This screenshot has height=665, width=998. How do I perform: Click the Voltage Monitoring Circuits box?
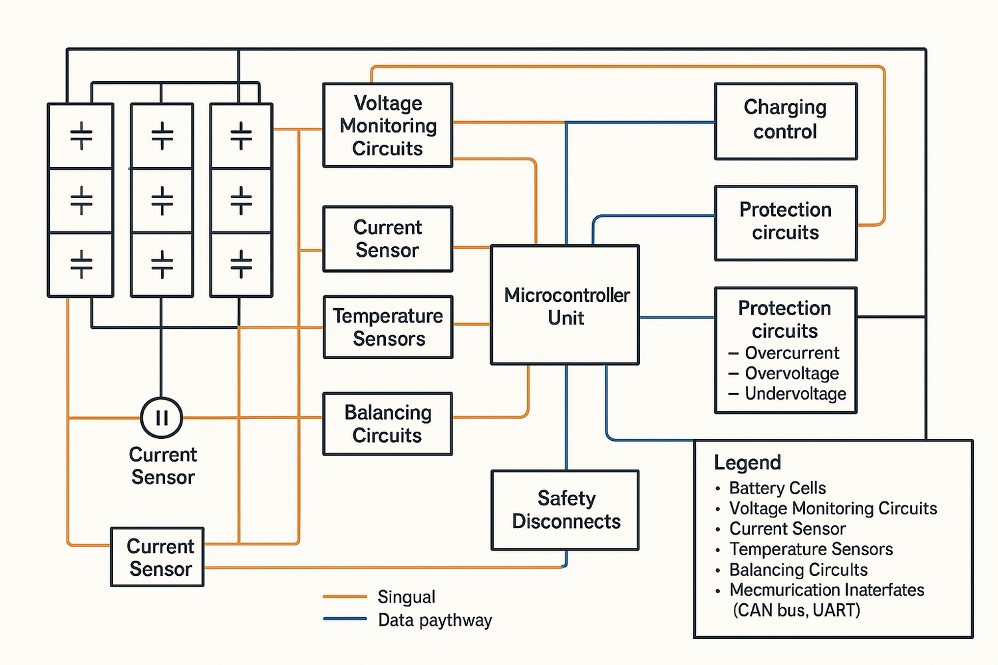pos(387,125)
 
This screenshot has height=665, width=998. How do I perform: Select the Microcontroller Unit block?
pos(565,305)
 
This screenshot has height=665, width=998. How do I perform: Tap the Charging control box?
pos(785,121)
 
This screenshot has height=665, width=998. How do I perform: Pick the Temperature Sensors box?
pos(388,327)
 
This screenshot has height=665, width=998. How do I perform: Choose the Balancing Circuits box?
pos(387,424)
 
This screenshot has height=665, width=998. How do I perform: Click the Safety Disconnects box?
pos(565,510)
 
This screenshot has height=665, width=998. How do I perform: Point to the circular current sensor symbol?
pos(162,418)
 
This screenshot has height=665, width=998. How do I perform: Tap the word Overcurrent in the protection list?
pos(792,353)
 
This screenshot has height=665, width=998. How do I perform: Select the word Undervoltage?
pos(795,394)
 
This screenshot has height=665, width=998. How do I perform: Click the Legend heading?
pos(747,463)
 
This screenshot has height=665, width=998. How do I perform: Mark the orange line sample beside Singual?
pos(345,597)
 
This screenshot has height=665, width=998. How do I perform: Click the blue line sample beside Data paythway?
pos(345,619)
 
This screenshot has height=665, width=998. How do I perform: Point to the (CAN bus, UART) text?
pos(796,610)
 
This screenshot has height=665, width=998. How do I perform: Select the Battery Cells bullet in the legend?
pos(777,488)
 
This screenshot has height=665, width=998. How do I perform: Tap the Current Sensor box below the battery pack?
pos(157,557)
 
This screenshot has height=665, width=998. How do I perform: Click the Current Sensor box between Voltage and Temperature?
pos(387,239)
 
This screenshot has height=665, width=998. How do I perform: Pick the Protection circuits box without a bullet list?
pos(785,222)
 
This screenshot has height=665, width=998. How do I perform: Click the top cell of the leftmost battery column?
pos(81,136)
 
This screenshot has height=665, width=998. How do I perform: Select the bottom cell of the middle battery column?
pos(162,264)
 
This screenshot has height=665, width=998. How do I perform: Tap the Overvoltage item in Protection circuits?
pos(792,374)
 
